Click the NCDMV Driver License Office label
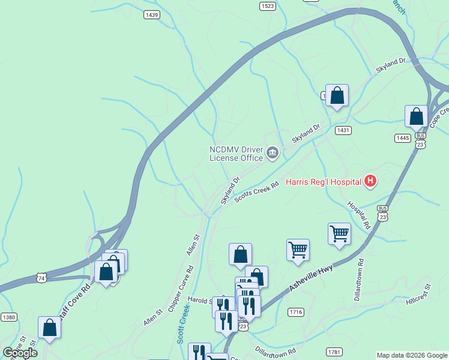[236, 154]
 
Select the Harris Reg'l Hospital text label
[323, 182]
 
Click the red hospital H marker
[371, 181]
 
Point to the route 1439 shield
[152, 14]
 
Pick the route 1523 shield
[268, 6]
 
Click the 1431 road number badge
[343, 130]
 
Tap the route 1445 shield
[402, 138]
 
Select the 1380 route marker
[8, 317]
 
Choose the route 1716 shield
[295, 312]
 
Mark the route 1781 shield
[334, 351]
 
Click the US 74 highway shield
[41, 278]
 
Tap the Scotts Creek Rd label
[258, 193]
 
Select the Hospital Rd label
[358, 214]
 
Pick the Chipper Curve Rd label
[179, 294]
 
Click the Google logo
[20, 353]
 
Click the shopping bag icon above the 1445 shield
[416, 116]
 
